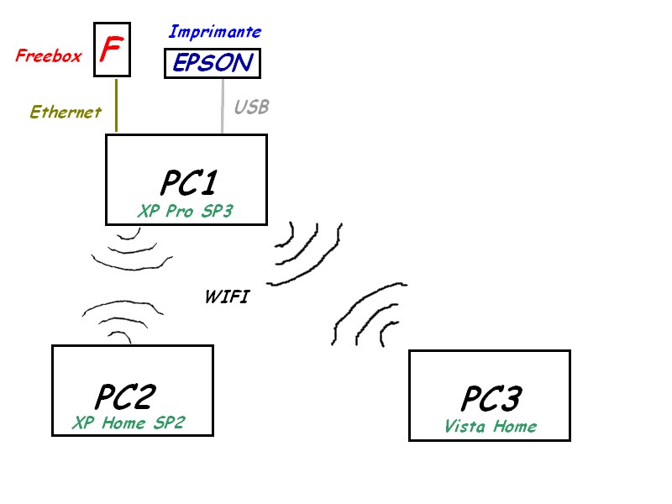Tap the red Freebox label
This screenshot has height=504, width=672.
pos(49,56)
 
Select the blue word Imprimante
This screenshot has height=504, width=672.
pos(215,32)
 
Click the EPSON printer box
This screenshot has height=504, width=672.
pos(213,63)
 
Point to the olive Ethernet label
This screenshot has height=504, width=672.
pos(66,112)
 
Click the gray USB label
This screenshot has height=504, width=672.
pos(251,108)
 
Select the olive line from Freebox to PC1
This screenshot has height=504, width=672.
pos(115,105)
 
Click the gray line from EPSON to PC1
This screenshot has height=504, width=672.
pos(222,105)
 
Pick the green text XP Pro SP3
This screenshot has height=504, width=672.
pos(185,212)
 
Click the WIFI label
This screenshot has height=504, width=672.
pos(227,297)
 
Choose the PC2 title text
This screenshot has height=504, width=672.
pos(125,396)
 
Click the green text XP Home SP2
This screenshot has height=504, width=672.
pos(129,423)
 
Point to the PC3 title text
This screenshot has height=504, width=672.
pos(491,398)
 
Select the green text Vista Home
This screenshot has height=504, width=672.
pos(491,426)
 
